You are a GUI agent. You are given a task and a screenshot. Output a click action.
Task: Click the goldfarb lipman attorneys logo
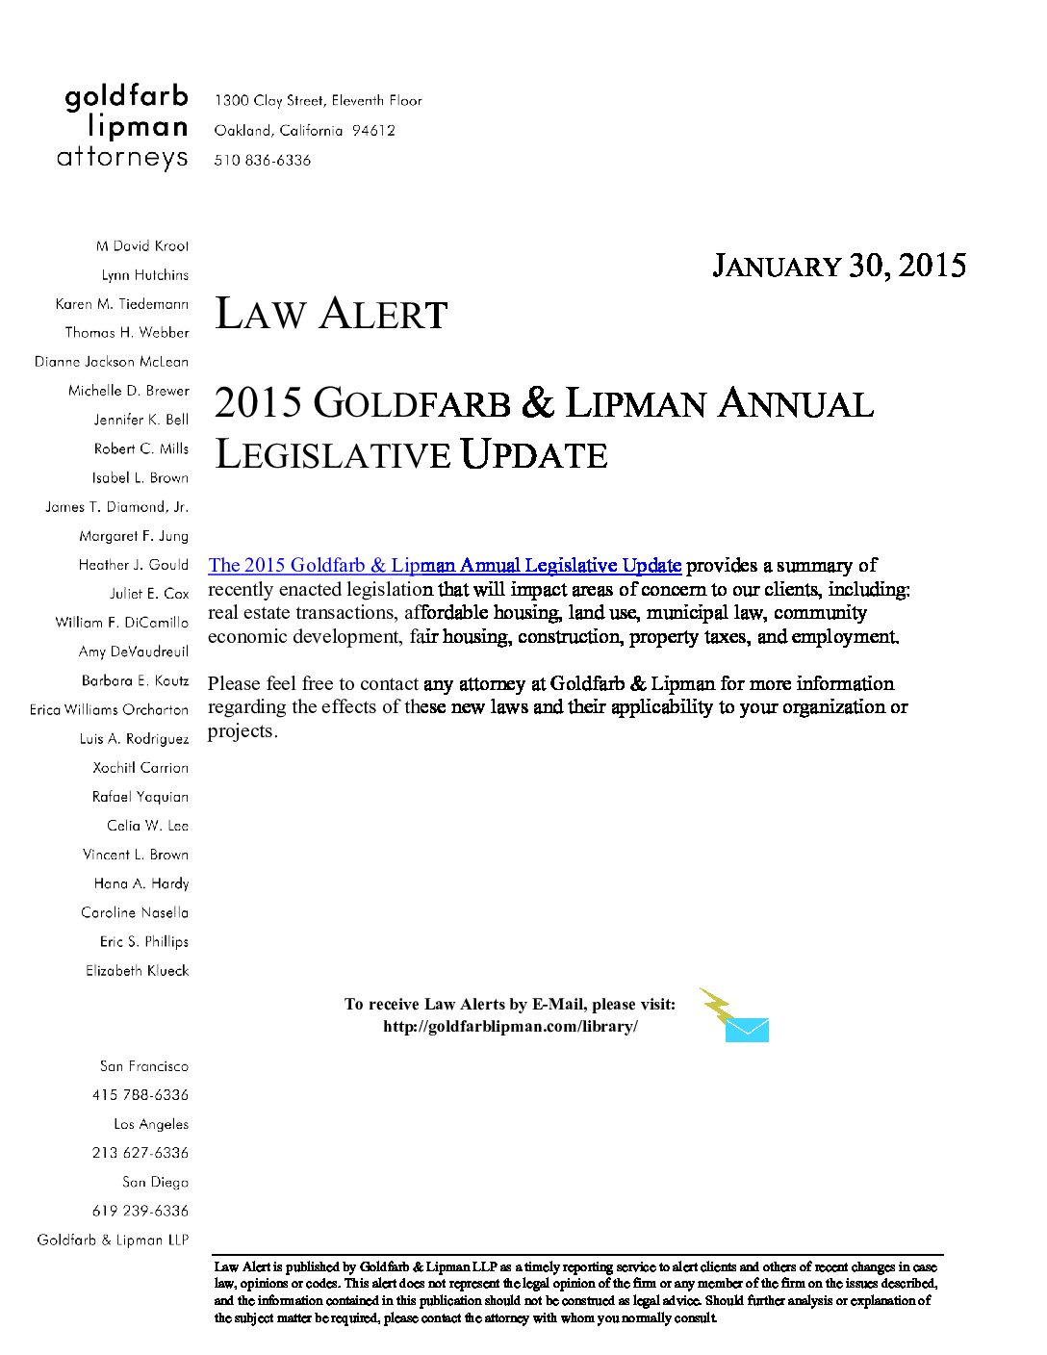(x=123, y=127)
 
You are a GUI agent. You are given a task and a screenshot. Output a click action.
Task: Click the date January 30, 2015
(x=838, y=266)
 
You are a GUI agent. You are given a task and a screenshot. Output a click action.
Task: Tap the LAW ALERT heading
(x=331, y=315)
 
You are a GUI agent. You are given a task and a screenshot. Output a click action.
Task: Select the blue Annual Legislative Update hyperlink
(x=445, y=565)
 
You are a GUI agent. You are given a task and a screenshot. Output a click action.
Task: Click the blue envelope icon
(x=747, y=1030)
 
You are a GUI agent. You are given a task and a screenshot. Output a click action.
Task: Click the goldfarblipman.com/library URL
(x=510, y=1026)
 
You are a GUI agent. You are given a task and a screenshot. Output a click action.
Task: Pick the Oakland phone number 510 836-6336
(x=263, y=161)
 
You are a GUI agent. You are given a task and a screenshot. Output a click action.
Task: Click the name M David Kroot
(x=142, y=246)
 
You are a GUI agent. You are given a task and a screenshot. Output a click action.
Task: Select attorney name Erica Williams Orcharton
(x=109, y=709)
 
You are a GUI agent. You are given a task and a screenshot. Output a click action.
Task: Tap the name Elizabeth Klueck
(x=137, y=971)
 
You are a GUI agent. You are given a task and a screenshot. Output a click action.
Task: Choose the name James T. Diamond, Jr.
(x=116, y=507)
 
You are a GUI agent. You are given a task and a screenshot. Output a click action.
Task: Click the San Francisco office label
(x=144, y=1066)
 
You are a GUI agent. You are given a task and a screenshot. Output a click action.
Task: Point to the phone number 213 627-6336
(x=140, y=1153)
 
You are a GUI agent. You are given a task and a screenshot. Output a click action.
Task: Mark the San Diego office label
(x=155, y=1182)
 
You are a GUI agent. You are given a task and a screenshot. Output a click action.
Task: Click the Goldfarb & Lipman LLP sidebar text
(x=113, y=1240)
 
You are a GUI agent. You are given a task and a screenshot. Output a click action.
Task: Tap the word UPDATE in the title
(x=533, y=454)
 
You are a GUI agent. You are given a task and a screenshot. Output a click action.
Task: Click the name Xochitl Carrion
(x=140, y=768)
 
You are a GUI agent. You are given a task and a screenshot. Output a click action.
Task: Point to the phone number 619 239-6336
(x=140, y=1211)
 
